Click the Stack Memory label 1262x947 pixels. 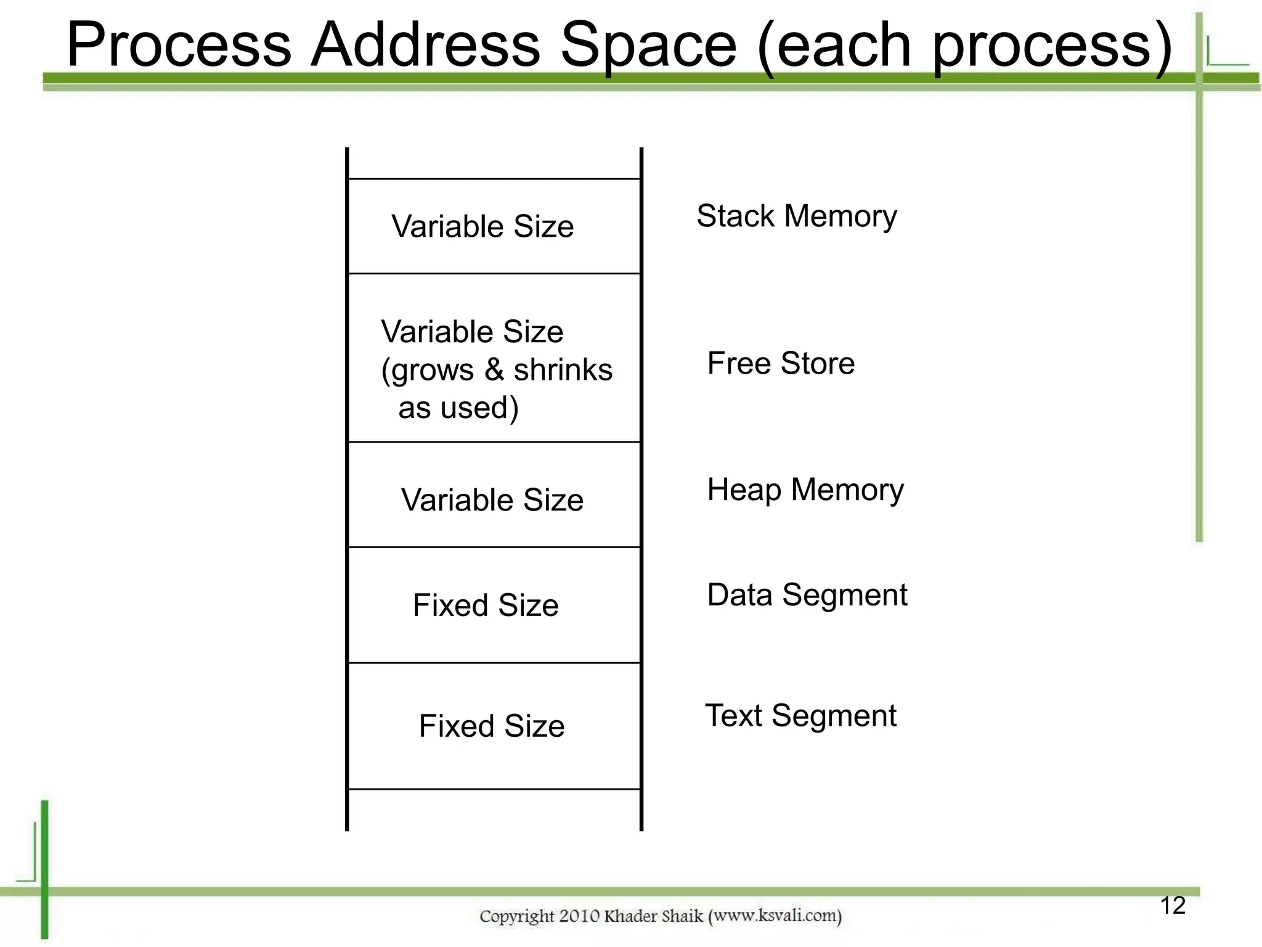click(796, 216)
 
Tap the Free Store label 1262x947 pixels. click(781, 363)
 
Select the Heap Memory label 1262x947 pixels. click(805, 490)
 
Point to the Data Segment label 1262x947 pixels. click(807, 596)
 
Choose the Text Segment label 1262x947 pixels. click(800, 716)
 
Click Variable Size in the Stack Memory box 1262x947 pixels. click(482, 226)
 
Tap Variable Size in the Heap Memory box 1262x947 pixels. click(492, 500)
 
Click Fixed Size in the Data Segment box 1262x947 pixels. click(486, 605)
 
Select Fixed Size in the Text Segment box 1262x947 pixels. click(491, 726)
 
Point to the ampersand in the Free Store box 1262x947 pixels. click(494, 370)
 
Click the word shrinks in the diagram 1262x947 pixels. click(563, 370)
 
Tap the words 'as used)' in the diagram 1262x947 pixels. click(458, 408)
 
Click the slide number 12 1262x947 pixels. click(1172, 906)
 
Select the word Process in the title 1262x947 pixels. click(179, 44)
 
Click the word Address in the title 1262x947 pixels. click(425, 44)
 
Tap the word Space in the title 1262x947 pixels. click(648, 44)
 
